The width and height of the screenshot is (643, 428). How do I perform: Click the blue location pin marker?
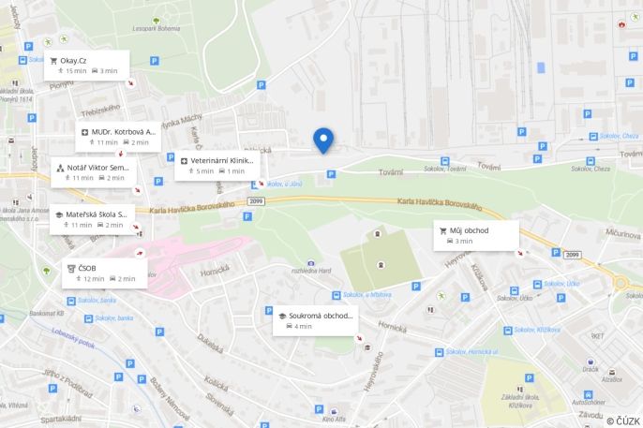pos(323,140)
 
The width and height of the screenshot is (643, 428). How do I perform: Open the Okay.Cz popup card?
pos(89,66)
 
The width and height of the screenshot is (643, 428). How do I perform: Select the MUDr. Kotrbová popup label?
pos(118,137)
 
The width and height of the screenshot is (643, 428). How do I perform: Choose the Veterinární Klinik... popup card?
pos(217,166)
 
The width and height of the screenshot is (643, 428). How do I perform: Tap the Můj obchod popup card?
pos(475,235)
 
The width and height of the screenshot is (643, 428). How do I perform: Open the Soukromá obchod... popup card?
pos(315,320)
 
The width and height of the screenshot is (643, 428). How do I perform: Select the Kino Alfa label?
pos(333,418)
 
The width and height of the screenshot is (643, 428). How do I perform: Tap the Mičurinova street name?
pos(622,231)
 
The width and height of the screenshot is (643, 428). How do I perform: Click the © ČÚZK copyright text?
pos(622,421)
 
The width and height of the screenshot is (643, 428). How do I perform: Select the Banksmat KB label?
pos(46,313)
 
